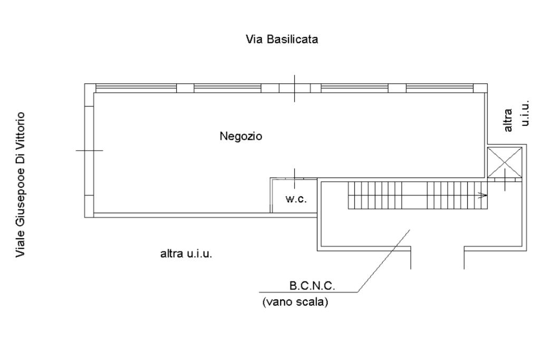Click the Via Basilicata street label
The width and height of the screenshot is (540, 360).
coord(282,39)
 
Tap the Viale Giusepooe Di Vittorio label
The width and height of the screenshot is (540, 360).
coord(21,184)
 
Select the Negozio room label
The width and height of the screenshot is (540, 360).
coord(240,137)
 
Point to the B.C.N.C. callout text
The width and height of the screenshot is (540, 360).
coord(312,285)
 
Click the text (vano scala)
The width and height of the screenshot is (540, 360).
coord(295,302)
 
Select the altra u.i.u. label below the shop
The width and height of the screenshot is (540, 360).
coord(186,254)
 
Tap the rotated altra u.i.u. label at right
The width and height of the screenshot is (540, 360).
coord(516,115)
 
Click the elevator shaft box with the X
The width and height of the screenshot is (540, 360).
coord(505,162)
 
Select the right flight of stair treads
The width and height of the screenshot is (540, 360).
coord(457,195)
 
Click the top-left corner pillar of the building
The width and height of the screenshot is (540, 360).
coord(90,88)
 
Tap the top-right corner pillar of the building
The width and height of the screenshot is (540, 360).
coord(480,88)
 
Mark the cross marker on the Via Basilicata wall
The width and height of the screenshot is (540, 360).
coord(294,89)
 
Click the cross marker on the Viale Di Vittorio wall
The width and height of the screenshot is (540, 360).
coord(90,150)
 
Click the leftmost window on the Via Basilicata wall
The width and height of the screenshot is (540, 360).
coord(136,88)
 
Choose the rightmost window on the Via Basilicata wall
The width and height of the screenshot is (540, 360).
coord(440,88)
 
